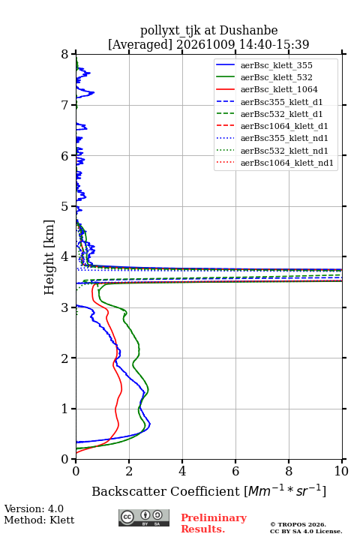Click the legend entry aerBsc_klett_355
pyautogui.click(x=276, y=65)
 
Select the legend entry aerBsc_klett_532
pyautogui.click(x=276, y=77)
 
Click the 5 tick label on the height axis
pyautogui.click(x=65, y=206)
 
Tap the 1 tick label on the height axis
pyautogui.click(x=65, y=409)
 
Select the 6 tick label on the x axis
pyautogui.click(x=235, y=471)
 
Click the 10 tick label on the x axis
pyautogui.click(x=341, y=471)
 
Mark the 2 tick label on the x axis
pyautogui.click(x=129, y=471)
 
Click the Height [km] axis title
pyautogui.click(x=49, y=257)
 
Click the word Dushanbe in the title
pyautogui.click(x=248, y=30)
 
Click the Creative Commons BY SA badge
pyautogui.click(x=144, y=517)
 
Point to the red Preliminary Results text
pyautogui.click(x=214, y=523)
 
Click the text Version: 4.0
pyautogui.click(x=34, y=508)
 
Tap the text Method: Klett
pyautogui.click(x=39, y=520)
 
